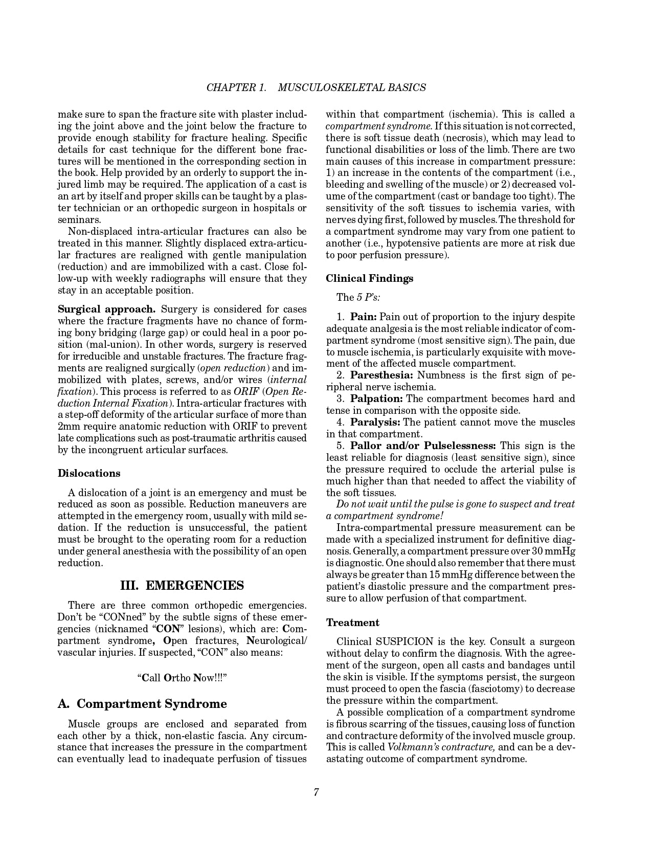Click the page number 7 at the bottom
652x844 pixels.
coord(317,793)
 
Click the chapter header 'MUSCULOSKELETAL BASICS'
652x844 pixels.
coord(351,87)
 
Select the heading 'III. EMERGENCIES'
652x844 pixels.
coord(182,585)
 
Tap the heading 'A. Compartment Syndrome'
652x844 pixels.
coord(142,704)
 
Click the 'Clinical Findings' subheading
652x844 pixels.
coord(370,278)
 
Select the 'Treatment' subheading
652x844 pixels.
coord(353,623)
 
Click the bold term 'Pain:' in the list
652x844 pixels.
coord(364,317)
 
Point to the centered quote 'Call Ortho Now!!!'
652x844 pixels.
coord(182,678)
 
